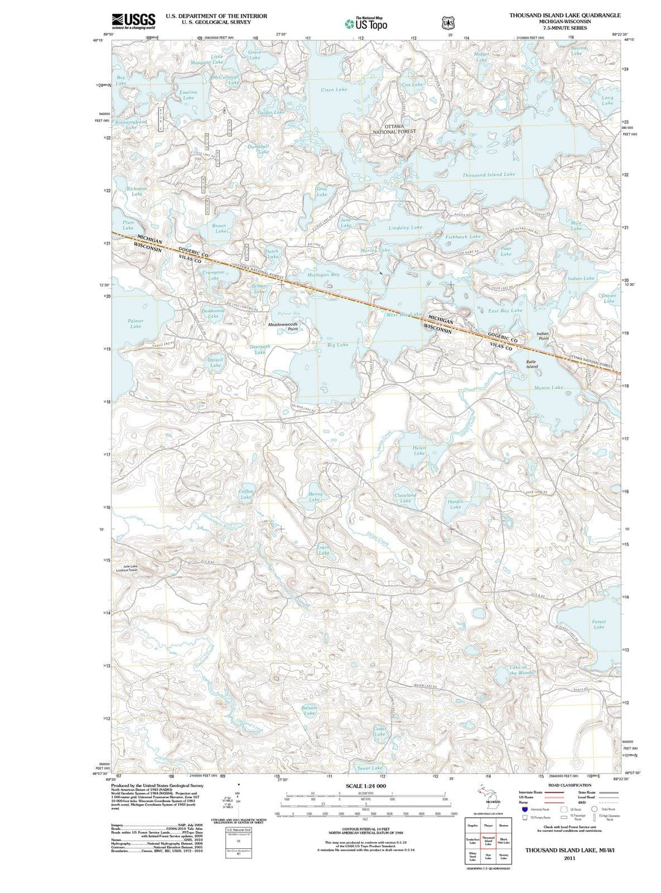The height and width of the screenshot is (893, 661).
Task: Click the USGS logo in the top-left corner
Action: coord(133,21)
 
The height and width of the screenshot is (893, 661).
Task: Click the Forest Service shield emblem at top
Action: coord(449,23)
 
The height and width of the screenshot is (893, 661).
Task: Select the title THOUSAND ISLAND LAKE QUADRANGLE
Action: coord(564,15)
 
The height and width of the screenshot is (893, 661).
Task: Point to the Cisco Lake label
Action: coord(334,90)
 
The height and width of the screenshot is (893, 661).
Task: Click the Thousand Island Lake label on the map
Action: coord(488,175)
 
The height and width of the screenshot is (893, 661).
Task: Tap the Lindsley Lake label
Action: coord(405,227)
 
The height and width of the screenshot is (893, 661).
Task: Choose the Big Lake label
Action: coord(338,345)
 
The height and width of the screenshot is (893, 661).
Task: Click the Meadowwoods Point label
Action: coord(282,326)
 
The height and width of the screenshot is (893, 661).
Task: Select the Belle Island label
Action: coord(532,364)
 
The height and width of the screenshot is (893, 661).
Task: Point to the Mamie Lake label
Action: coord(548,388)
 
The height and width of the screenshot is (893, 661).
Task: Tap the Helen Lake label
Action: coord(419,450)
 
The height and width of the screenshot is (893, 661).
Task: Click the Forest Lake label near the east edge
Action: coord(599,624)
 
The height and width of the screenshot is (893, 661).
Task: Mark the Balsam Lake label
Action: coord(309,710)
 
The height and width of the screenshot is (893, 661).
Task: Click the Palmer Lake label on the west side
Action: coord(135,323)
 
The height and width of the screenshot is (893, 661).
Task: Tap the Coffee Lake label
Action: coord(245,494)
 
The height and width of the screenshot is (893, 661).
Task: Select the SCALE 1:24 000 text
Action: coord(366,786)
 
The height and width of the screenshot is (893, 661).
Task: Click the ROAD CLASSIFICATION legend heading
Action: coord(569,785)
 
